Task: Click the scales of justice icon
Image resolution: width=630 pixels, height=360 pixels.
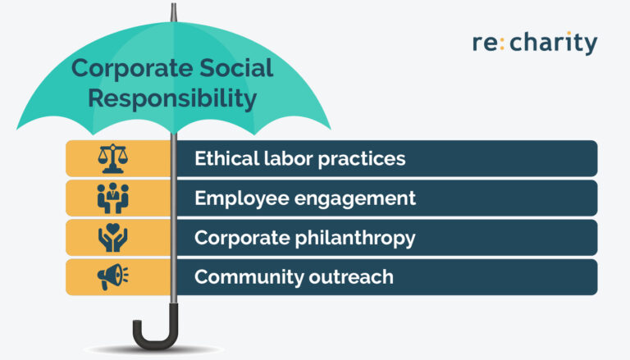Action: pyautogui.click(x=114, y=158)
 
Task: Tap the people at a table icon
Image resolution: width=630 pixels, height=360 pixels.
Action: pyautogui.click(x=114, y=198)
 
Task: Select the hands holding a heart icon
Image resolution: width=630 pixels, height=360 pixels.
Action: pyautogui.click(x=114, y=238)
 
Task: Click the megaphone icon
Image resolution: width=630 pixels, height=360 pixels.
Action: pyautogui.click(x=114, y=277)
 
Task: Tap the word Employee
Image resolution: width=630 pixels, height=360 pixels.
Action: pyautogui.click(x=235, y=198)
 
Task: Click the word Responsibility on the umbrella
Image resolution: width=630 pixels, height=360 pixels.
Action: pyautogui.click(x=172, y=99)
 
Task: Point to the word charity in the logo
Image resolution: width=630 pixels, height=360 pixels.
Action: pyautogui.click(x=554, y=43)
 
